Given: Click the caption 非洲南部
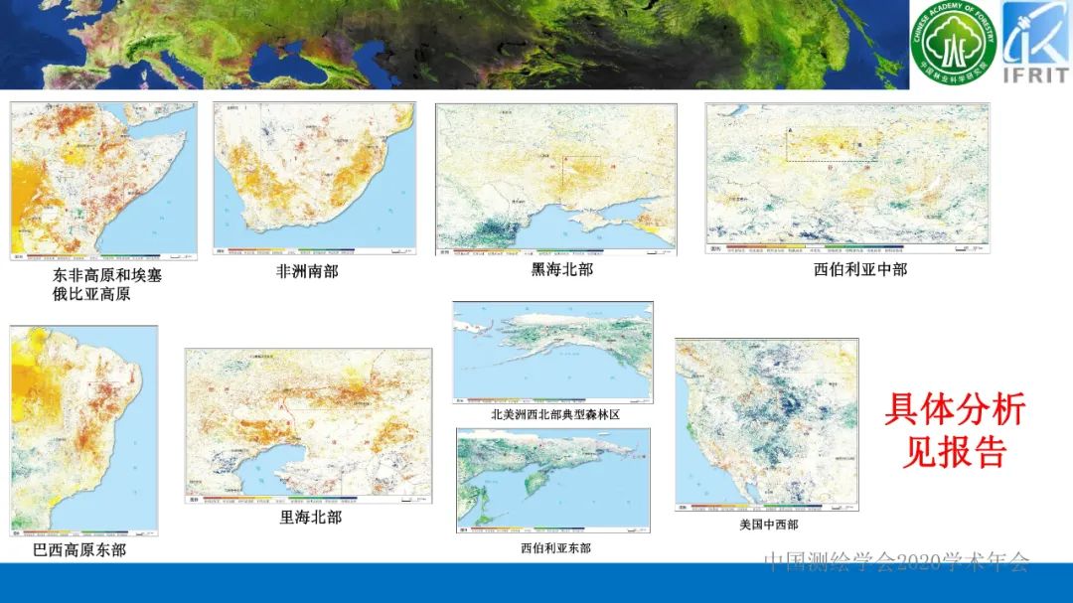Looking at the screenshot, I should pos(307,271).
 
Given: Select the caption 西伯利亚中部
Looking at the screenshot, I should pos(860,268).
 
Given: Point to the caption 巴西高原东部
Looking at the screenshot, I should pos(79,549).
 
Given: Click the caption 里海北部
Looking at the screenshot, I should pos(310,517).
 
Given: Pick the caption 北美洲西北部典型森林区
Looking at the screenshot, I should pos(554,414).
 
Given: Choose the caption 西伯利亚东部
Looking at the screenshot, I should pos(555,547).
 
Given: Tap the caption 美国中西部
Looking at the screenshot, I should pos(768,525).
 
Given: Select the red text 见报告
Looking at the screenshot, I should pos(954,452).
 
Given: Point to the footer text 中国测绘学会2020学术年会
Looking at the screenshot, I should pos(896,562).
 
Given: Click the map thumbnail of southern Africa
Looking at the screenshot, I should pos(315,179).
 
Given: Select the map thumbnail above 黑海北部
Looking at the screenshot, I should pos(556,179).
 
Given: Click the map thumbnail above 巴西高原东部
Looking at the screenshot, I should pos(83,429).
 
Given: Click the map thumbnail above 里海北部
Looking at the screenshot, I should pos(308,425).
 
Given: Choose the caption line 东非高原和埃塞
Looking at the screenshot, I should pos(107,276).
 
